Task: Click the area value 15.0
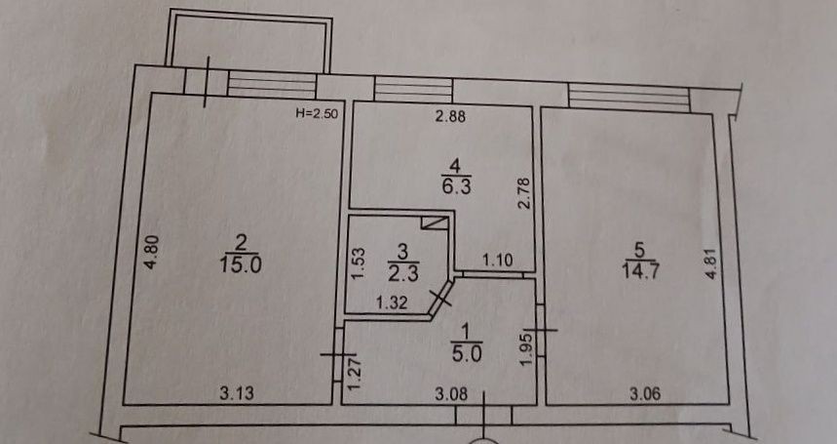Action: [x=237, y=263]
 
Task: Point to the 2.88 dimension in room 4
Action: [x=450, y=118]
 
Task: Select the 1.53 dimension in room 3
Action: [x=357, y=264]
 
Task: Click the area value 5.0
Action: [x=460, y=355]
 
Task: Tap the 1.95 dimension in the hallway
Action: [x=525, y=349]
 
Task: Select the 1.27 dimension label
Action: [x=354, y=375]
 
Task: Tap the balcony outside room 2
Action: [x=251, y=41]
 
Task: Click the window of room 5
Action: [x=628, y=96]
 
